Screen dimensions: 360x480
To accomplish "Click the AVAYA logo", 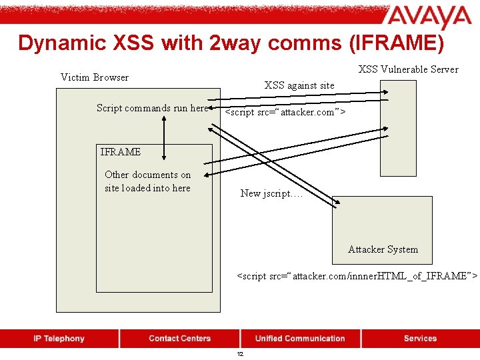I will [430, 19].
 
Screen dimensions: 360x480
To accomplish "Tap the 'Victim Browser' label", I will [95, 77].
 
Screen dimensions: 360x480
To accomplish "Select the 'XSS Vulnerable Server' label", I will [408, 69].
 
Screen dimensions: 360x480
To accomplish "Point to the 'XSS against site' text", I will [299, 85].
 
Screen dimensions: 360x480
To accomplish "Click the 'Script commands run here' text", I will [152, 108].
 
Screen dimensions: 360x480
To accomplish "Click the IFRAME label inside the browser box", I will [121, 152].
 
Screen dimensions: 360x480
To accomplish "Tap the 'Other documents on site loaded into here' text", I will [147, 181].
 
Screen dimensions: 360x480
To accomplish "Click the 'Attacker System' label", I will [383, 249].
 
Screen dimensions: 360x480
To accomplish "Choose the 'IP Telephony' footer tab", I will [59, 339].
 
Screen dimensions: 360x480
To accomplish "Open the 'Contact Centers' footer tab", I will [179, 339].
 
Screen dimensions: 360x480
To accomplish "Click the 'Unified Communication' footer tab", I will [300, 339].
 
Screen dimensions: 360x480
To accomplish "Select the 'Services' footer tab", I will [420, 339].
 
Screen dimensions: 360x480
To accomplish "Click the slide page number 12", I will [240, 353].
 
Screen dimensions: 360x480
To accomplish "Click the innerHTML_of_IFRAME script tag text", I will [357, 275].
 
